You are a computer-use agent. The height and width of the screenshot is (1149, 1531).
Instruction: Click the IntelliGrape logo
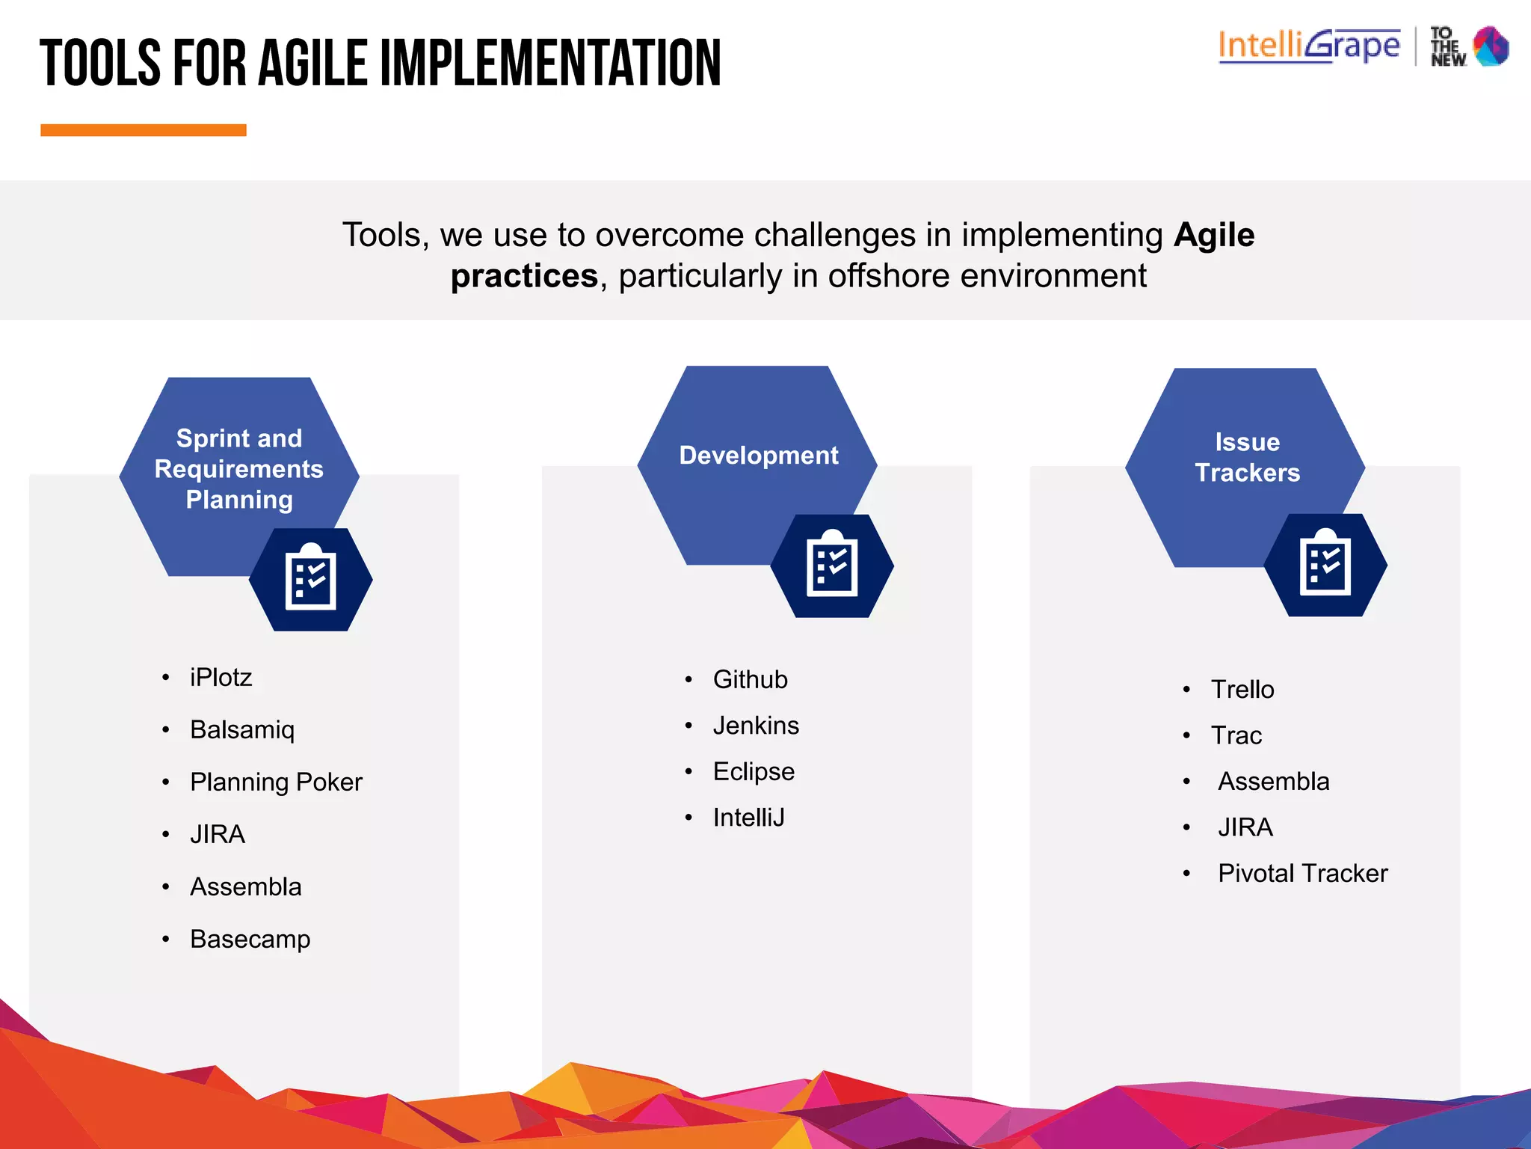pos(1308,46)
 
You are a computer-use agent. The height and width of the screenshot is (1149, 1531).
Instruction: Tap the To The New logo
pos(1470,46)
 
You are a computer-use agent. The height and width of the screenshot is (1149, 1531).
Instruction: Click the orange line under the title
pos(143,130)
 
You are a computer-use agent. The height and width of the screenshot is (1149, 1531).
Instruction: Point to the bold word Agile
pos(1213,235)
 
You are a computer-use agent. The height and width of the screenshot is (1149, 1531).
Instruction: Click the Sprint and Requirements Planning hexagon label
pos(239,469)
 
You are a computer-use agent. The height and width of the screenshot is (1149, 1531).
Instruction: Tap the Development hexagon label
pos(758,455)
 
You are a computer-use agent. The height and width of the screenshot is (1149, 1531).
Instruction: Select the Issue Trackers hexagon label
pos(1247,457)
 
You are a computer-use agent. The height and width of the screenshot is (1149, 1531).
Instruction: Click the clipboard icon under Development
pos(831,566)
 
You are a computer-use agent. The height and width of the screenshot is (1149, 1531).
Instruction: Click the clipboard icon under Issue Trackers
pos(1325,565)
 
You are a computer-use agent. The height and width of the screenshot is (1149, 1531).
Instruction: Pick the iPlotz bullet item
pos(221,677)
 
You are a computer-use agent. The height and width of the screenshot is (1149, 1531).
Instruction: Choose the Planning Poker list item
pos(276,782)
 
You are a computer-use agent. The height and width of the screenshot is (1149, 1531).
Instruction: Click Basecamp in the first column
pos(250,939)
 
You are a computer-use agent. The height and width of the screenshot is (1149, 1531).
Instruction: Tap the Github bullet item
pos(750,679)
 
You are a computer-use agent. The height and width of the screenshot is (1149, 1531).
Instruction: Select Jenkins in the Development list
pos(756,726)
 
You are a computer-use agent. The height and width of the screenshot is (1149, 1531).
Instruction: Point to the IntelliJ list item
pos(748,818)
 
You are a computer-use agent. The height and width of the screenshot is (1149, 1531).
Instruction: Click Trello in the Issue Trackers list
pos(1242,689)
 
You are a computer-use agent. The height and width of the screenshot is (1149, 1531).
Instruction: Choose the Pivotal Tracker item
pos(1302,873)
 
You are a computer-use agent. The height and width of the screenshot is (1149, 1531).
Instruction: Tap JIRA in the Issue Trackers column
pos(1245,827)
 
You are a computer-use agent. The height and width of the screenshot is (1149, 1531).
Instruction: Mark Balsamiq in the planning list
pos(242,729)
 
